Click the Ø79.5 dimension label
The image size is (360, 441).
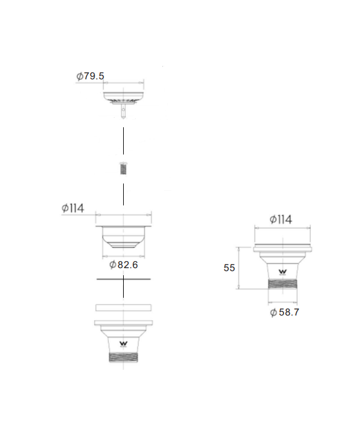tap(90, 76)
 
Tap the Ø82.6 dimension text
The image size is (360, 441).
tap(124, 265)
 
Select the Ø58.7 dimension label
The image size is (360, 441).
tap(284, 312)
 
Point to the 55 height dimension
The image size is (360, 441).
tap(229, 268)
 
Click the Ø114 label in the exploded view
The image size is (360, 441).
tap(73, 208)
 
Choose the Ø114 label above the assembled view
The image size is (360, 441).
tap(281, 220)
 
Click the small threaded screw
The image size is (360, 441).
tap(123, 168)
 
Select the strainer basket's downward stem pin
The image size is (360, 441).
tap(123, 111)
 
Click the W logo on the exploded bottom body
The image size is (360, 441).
tap(124, 344)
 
